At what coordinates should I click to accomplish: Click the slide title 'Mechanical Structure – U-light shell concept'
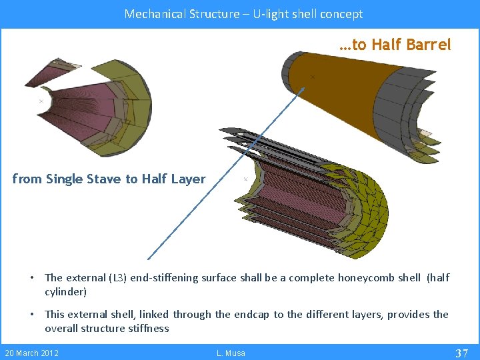[x=243, y=13]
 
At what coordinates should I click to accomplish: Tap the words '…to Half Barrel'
[x=395, y=45]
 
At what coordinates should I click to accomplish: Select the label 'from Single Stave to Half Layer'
[x=109, y=179]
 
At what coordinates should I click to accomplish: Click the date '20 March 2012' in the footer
[x=31, y=353]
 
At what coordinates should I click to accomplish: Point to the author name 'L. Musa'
[x=231, y=353]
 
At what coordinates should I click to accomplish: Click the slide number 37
[x=461, y=353]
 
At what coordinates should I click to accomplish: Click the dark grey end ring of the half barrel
[x=293, y=67]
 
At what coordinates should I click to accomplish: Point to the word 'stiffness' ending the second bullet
[x=147, y=328]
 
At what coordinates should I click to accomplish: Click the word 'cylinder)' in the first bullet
[x=65, y=292]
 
